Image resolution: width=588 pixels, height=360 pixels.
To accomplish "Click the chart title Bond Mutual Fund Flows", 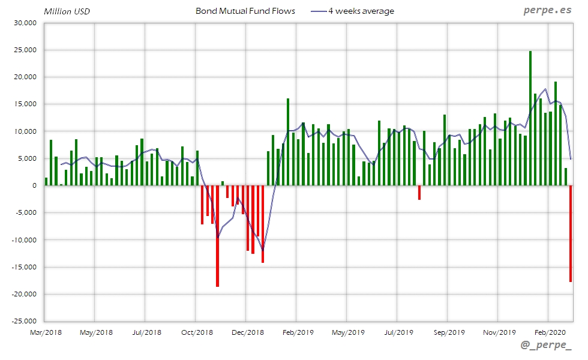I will (x=245, y=11).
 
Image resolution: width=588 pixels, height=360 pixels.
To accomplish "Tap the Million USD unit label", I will (x=67, y=11).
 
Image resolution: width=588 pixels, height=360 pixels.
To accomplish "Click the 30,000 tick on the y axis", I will (x=25, y=23).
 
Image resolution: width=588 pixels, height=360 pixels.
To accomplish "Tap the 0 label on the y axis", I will (x=35, y=185).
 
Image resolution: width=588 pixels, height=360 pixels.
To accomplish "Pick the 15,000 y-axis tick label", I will (x=25, y=104).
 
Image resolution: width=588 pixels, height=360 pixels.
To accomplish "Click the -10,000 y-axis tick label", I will (x=24, y=240).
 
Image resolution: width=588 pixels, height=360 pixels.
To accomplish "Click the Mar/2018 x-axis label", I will (x=46, y=332).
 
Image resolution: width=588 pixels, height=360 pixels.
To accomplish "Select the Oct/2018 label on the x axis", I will (x=197, y=332).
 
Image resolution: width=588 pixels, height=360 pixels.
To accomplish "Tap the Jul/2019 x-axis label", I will (x=398, y=332).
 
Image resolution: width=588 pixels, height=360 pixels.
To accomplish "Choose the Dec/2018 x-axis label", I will (x=247, y=332).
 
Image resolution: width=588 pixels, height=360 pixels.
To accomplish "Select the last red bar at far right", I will (x=570, y=233).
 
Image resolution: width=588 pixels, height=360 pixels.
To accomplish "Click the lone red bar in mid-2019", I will (x=419, y=193).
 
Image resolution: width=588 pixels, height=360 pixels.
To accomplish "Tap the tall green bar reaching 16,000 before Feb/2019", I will (x=288, y=142).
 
